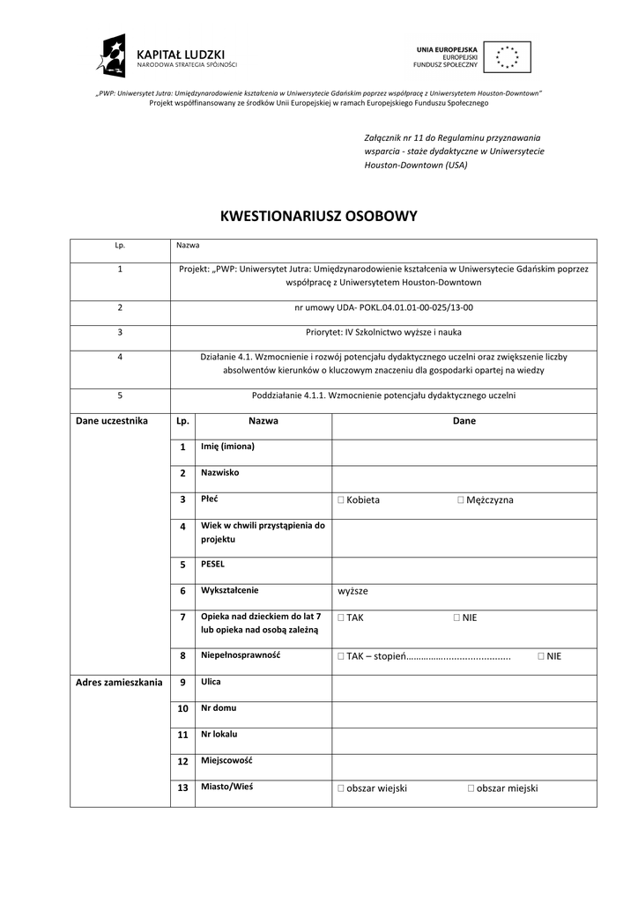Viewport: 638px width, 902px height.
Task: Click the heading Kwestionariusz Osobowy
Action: [x=318, y=216]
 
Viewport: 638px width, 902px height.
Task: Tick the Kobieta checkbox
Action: [x=340, y=500]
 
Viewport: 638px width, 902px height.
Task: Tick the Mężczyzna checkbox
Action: [x=460, y=500]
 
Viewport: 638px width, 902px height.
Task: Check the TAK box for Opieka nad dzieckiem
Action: [x=340, y=618]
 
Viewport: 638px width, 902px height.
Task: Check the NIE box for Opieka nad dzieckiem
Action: [x=456, y=618]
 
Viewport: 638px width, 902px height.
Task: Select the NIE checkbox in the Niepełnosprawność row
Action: [x=540, y=656]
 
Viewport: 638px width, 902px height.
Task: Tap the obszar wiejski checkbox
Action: [x=340, y=789]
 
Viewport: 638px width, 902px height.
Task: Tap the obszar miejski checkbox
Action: [x=471, y=789]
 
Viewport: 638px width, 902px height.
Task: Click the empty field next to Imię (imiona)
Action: [x=464, y=452]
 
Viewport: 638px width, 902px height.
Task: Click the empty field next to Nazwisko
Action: [x=464, y=478]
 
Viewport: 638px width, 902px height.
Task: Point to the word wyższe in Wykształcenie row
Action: [x=352, y=591]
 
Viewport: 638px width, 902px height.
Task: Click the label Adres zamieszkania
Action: [x=119, y=682]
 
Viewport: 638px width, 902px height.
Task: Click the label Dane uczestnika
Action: [x=112, y=421]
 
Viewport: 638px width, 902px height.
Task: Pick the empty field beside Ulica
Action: [x=464, y=687]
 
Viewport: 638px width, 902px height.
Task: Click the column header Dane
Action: [x=464, y=421]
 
